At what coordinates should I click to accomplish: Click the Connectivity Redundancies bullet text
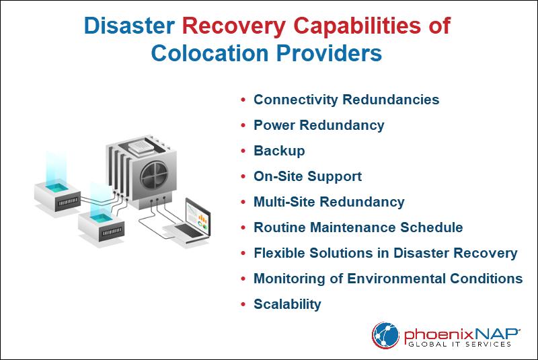coord(346,100)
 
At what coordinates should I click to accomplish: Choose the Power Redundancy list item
coord(319,125)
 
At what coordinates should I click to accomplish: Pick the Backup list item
coord(279,151)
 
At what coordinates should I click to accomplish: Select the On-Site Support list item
coord(307,176)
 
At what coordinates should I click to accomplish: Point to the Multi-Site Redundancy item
coord(329,202)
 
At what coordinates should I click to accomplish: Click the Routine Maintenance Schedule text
coord(358,227)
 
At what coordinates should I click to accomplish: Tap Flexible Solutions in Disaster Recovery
coord(385,253)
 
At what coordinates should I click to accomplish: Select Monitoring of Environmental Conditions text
coord(388,279)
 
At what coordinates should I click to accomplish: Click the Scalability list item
coord(287,304)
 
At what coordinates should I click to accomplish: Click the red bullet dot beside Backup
coord(243,151)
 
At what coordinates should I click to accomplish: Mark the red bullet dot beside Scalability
coord(243,305)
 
